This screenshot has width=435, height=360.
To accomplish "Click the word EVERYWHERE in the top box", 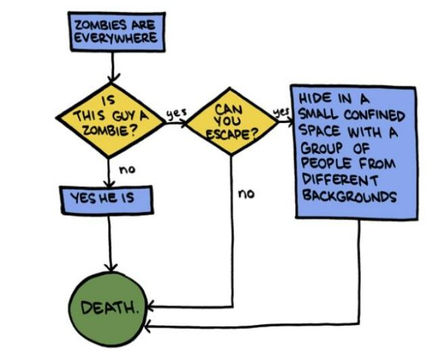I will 114,38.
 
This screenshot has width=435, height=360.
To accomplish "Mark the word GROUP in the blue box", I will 321,147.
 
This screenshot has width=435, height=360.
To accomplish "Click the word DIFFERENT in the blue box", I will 331,180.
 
